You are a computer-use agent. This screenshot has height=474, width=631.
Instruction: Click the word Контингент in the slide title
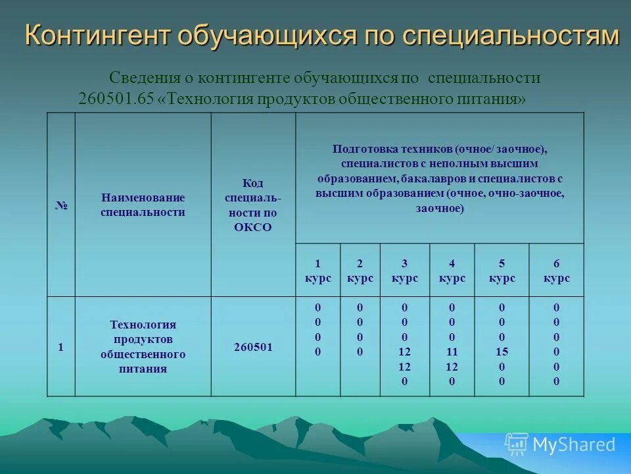[x=96, y=36]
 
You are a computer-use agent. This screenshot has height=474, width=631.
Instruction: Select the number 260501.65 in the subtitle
[x=116, y=99]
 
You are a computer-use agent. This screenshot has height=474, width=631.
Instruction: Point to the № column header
[x=61, y=205]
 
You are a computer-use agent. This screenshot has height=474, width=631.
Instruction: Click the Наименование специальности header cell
[x=143, y=205]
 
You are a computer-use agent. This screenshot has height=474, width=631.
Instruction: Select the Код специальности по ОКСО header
[x=253, y=205]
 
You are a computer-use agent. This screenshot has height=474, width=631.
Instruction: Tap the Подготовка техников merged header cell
[x=439, y=178]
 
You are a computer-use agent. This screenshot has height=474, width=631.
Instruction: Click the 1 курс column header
[x=317, y=271]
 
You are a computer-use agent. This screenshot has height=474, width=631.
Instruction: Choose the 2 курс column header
[x=360, y=271]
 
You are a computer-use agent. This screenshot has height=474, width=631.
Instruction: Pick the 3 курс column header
[x=404, y=271]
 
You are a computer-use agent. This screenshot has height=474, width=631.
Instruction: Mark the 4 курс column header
[x=452, y=271]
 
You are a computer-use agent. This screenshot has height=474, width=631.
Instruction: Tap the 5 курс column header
[x=502, y=271]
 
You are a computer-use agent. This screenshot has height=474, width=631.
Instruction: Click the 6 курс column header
[x=556, y=271]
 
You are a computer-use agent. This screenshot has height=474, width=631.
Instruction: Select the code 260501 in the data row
[x=253, y=347]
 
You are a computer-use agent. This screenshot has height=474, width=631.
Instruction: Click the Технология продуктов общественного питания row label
[x=143, y=347]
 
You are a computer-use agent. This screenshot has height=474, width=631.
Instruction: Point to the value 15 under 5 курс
[x=502, y=352]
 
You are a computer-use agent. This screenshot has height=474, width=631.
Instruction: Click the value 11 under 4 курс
[x=452, y=352]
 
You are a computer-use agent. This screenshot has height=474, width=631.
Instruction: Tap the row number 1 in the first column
[x=61, y=347]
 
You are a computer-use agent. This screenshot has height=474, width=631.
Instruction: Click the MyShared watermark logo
[x=561, y=444]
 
